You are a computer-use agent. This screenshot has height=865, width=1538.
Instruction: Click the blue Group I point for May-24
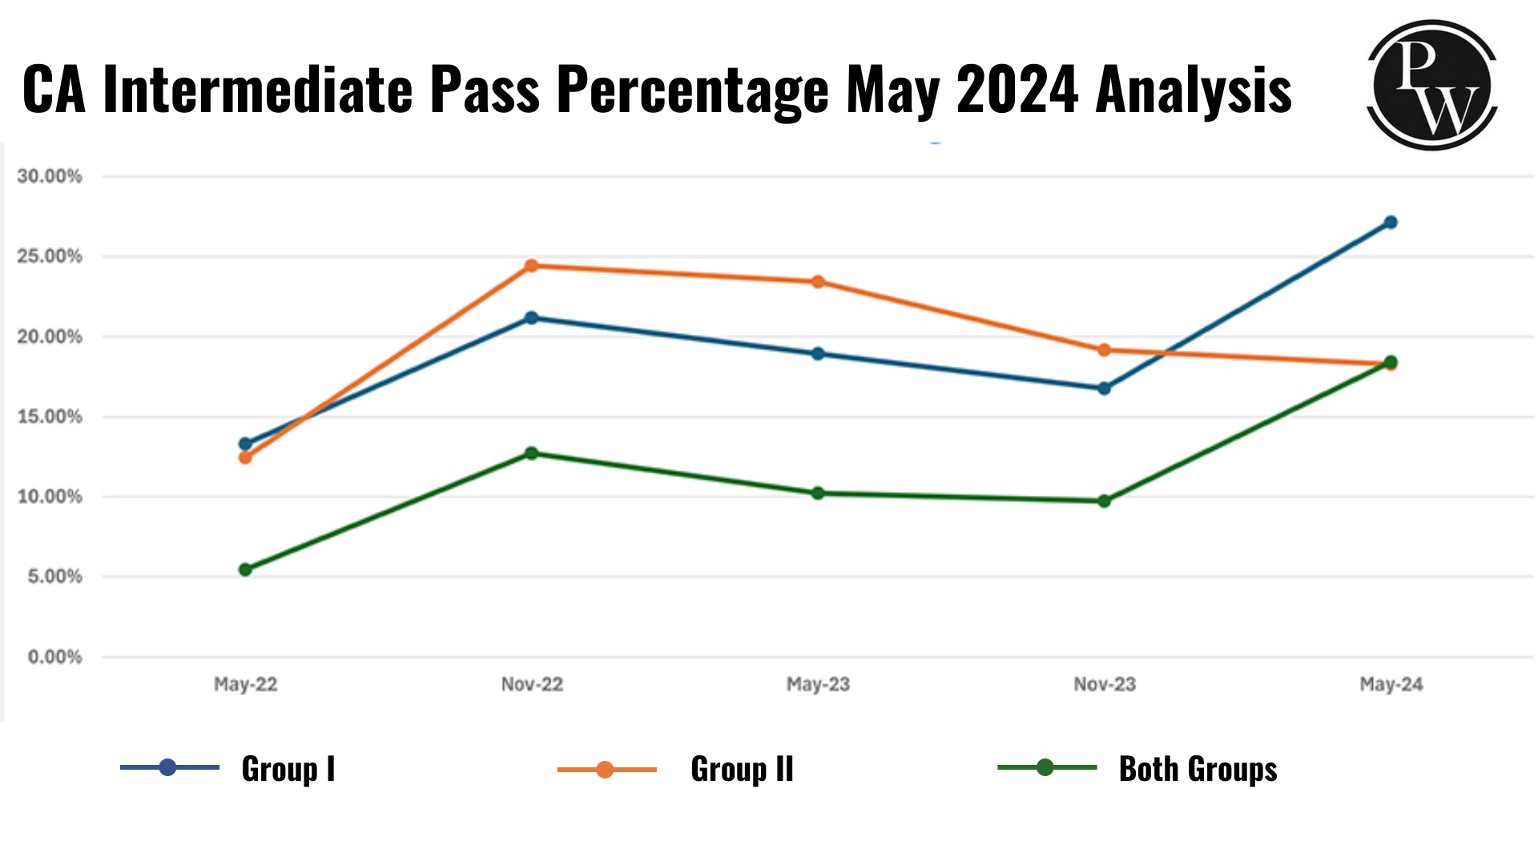(1391, 223)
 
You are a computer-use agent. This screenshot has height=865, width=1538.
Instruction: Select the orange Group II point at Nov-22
(531, 266)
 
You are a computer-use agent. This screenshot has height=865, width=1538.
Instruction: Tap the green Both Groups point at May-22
(245, 569)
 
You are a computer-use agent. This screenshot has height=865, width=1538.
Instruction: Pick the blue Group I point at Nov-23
(1104, 388)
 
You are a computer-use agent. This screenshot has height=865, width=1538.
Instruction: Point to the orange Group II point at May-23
(818, 282)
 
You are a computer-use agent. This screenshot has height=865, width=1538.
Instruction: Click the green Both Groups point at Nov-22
(531, 453)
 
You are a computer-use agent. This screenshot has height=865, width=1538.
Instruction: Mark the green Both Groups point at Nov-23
(1104, 501)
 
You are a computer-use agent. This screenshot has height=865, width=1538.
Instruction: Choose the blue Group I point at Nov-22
(531, 318)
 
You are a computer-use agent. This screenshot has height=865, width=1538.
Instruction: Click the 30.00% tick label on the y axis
(50, 176)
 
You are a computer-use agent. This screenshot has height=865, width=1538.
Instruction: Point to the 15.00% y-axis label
(50, 416)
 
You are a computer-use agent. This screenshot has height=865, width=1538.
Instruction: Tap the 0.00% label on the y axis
(54, 657)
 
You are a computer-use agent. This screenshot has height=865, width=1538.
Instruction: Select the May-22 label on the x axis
(245, 684)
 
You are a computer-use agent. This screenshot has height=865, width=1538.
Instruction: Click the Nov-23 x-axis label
(1105, 684)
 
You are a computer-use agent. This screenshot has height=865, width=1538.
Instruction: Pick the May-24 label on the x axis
(1391, 684)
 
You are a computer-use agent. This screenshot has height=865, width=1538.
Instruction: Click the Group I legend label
(288, 769)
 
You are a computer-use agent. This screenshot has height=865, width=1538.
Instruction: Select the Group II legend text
(742, 769)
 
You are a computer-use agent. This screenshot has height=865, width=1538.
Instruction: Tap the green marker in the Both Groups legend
(1045, 767)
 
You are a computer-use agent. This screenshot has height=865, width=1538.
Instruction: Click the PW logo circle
(1432, 85)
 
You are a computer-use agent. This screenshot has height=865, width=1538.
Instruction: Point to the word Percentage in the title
(693, 90)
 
